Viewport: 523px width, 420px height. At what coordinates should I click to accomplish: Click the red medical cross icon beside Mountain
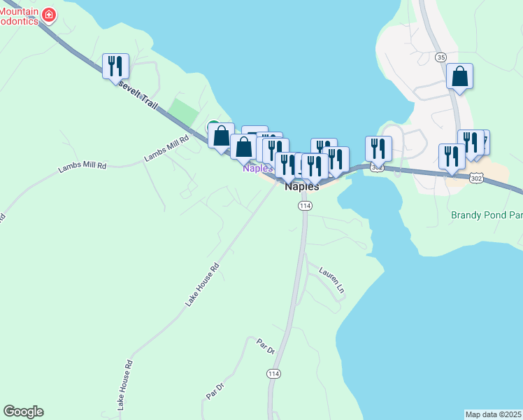48,15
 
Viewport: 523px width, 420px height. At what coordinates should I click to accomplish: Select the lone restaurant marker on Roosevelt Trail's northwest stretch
115,66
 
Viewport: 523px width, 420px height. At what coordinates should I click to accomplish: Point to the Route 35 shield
440,57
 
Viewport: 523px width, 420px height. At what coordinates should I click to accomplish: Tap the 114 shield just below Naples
304,206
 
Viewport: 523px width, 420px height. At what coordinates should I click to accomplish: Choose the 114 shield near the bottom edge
274,374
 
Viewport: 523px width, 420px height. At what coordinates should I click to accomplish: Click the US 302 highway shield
476,178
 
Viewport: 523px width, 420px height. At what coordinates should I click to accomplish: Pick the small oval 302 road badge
378,168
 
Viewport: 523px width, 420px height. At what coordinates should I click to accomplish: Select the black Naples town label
302,187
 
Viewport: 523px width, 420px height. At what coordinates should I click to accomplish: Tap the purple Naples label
257,169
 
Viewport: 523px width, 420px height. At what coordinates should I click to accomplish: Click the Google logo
23,412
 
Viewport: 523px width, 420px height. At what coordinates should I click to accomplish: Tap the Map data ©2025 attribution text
494,414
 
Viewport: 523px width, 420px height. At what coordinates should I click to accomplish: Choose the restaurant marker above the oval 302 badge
378,148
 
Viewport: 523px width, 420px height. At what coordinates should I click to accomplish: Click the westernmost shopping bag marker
221,136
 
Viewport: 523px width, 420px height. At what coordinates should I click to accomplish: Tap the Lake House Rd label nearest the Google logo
124,386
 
